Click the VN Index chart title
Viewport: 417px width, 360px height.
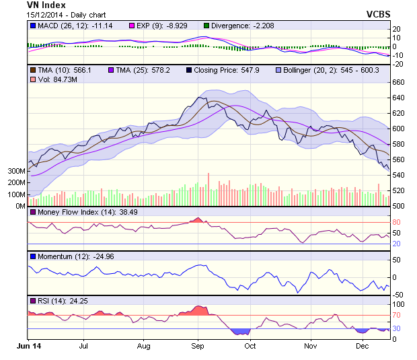pos(46,5)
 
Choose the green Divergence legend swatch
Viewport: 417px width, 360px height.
pos(206,26)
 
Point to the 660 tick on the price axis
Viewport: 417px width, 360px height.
pos(399,82)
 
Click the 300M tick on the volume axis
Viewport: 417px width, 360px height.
pos(17,171)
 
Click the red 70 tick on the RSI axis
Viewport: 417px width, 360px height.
pos(397,315)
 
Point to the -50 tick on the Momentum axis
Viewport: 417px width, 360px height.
pos(398,295)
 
